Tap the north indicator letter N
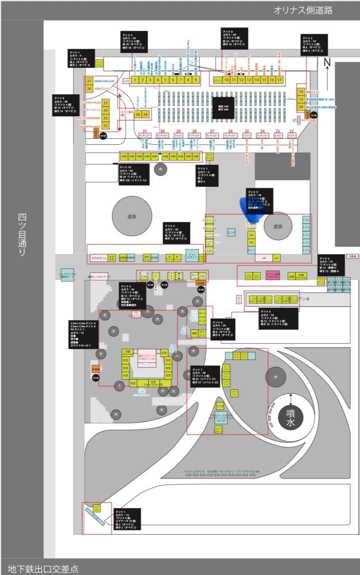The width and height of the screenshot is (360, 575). coord(327,63)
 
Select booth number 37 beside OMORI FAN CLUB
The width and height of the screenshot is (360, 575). coord(89,81)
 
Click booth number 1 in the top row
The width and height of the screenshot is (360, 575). coord(136,80)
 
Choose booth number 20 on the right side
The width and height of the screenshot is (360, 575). coord(300,106)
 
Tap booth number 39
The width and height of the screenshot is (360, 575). coord(146,114)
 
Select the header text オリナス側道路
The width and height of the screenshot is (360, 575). coord(303,11)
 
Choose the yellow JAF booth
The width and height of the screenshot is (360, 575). coord(276,258)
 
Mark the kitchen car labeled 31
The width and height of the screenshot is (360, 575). coord(145,136)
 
